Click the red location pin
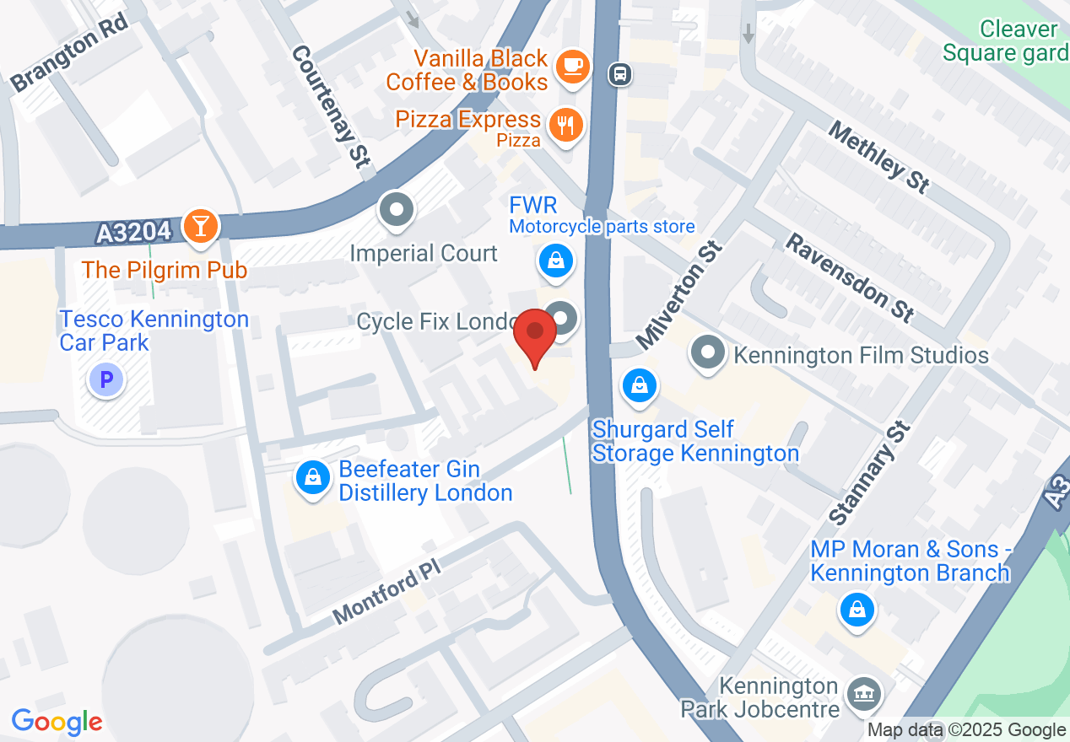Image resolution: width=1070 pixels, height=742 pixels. (x=535, y=336)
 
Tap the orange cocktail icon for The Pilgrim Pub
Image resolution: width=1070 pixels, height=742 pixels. (x=201, y=226)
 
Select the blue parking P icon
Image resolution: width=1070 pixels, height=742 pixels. (x=106, y=380)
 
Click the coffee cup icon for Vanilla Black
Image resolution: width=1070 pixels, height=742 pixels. (x=573, y=64)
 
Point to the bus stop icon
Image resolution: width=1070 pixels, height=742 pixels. (x=620, y=74)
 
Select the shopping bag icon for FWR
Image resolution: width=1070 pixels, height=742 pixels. (x=556, y=261)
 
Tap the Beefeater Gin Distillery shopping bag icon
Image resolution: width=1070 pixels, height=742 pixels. (x=313, y=478)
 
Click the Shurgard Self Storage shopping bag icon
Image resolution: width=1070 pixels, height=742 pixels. (x=640, y=386)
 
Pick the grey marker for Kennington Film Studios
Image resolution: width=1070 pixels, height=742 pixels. (x=708, y=352)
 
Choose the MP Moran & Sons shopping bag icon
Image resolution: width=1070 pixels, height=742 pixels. (x=857, y=608)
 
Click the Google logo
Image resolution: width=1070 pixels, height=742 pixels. (x=57, y=722)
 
